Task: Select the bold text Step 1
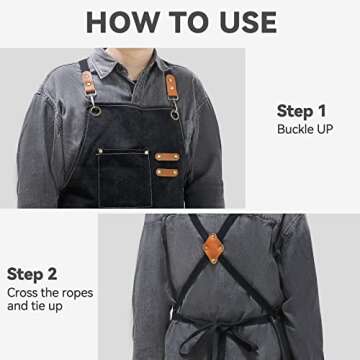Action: [x=300, y=110]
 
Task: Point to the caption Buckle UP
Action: [x=305, y=129]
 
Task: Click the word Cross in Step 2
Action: [x=25, y=292]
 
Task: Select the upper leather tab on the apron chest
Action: [x=166, y=158]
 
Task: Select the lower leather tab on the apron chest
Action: [x=166, y=174]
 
